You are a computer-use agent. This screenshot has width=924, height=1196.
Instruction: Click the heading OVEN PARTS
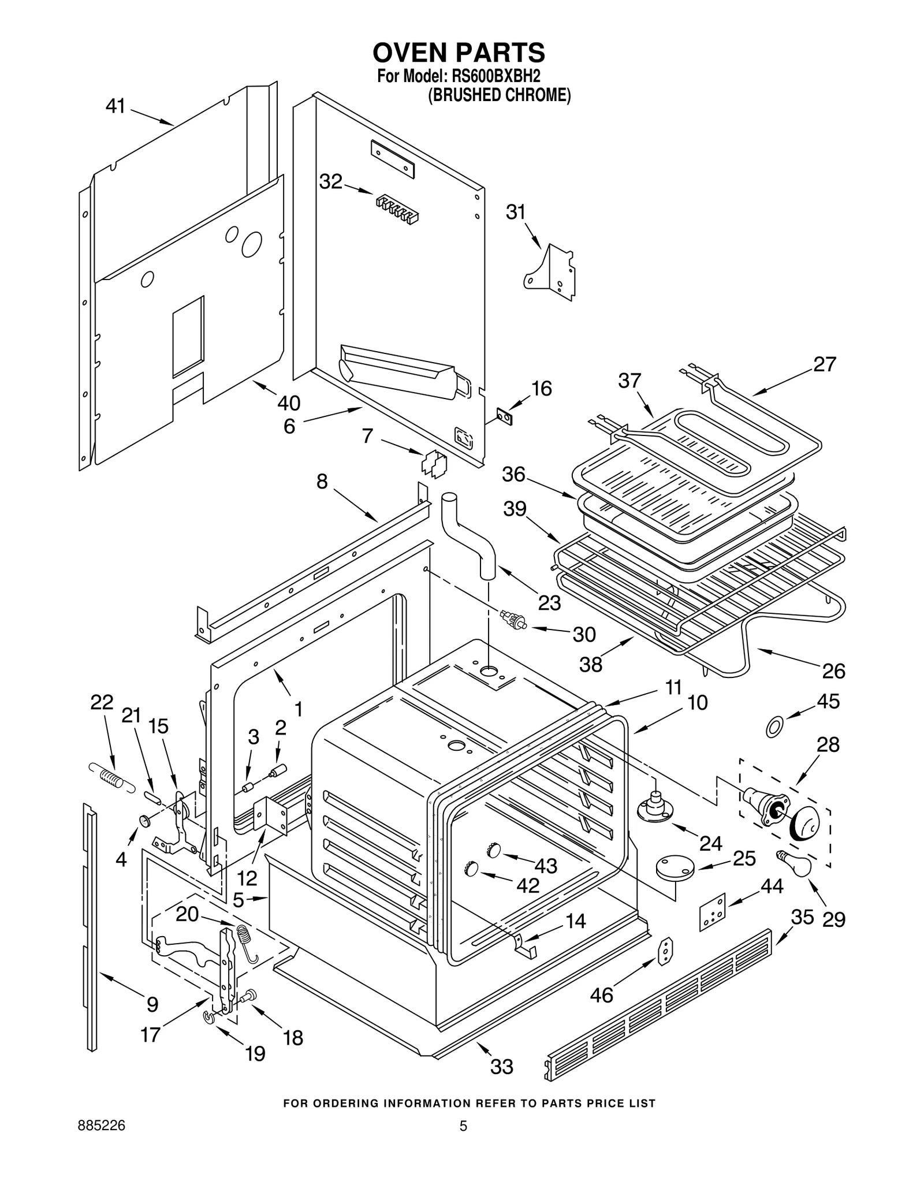459,53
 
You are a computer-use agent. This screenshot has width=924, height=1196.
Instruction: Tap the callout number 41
115,106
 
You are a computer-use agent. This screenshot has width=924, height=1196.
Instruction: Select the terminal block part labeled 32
397,209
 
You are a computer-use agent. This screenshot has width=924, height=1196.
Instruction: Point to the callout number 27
825,364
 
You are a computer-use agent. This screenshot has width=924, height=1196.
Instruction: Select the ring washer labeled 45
774,727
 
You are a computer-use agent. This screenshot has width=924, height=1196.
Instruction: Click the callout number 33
501,1067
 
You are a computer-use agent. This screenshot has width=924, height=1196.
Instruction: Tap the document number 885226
102,1126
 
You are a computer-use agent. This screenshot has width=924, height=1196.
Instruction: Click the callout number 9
152,1005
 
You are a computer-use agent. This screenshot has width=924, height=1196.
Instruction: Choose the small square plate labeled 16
505,416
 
